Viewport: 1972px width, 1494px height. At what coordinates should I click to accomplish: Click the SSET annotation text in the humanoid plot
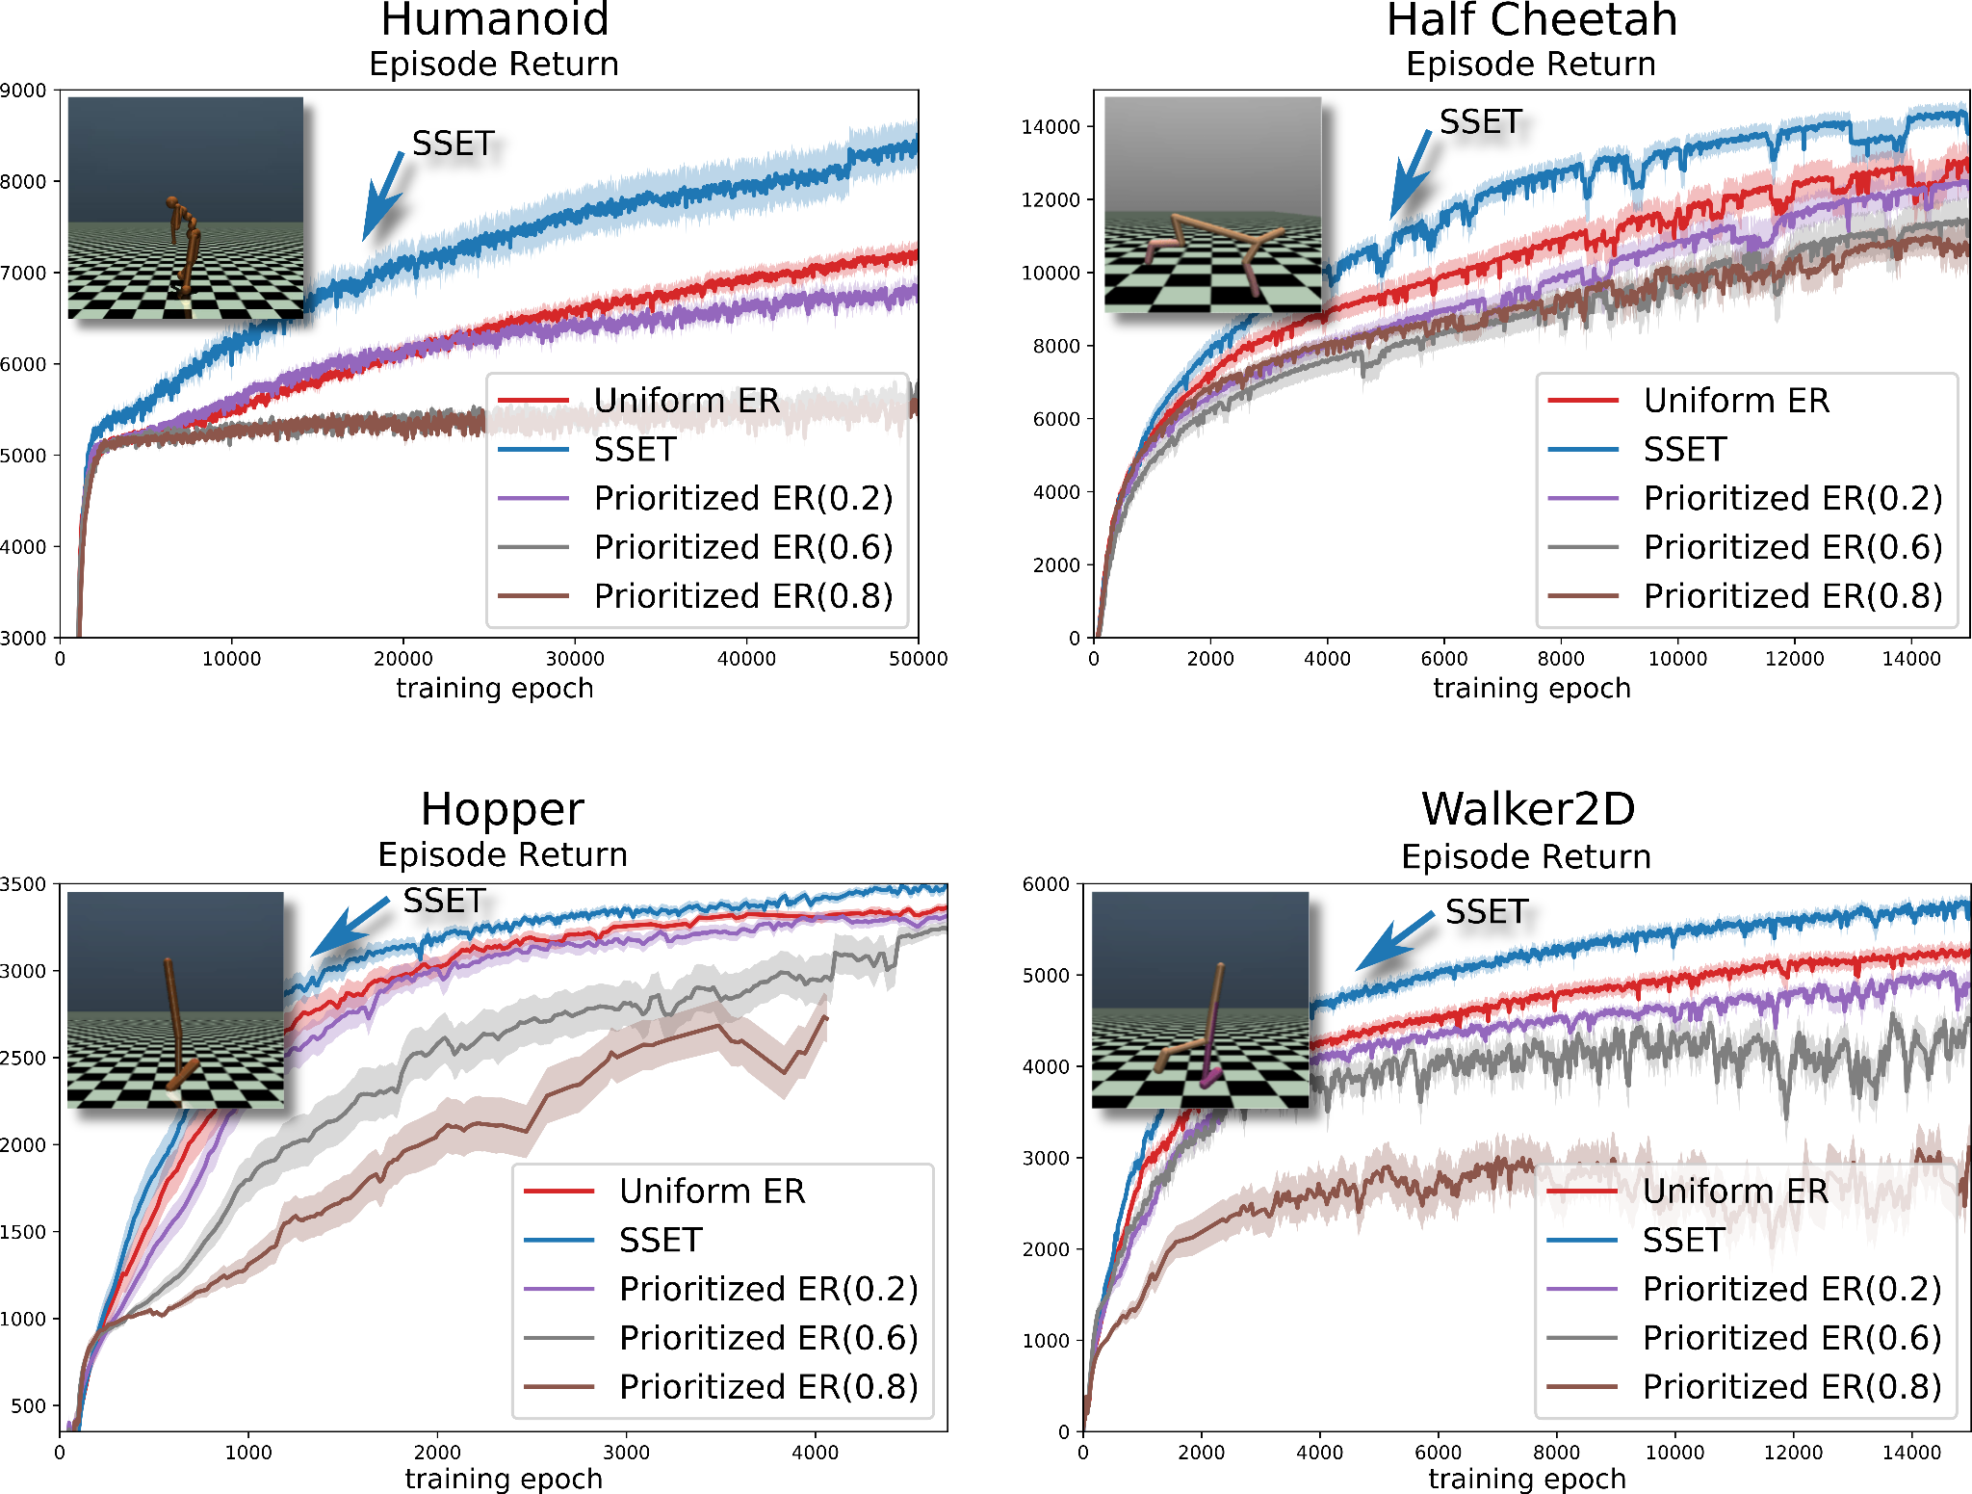pos(453,144)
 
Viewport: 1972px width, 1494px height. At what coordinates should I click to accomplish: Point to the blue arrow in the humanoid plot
pos(382,197)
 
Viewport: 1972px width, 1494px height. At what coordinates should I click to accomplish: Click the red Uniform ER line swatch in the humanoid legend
pos(533,400)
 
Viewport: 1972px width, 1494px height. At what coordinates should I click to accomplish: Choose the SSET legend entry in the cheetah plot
pos(1685,449)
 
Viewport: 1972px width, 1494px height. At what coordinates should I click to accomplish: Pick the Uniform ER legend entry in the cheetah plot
pos(1736,400)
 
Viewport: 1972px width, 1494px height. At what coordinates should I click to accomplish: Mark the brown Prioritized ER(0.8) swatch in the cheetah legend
pos(1583,596)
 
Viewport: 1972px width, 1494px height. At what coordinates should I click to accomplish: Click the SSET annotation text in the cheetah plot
pos(1480,122)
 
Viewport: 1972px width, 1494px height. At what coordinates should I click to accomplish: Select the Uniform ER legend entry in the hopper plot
pos(712,1191)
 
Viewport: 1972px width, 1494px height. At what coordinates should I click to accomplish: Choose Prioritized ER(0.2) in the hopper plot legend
pos(768,1289)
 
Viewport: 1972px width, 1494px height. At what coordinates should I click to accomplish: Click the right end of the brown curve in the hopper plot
pos(826,1018)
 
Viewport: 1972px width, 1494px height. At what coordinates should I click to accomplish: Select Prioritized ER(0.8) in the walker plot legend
pos(1792,1387)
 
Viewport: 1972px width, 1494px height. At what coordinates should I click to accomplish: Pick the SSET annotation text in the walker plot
pos(1487,911)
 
